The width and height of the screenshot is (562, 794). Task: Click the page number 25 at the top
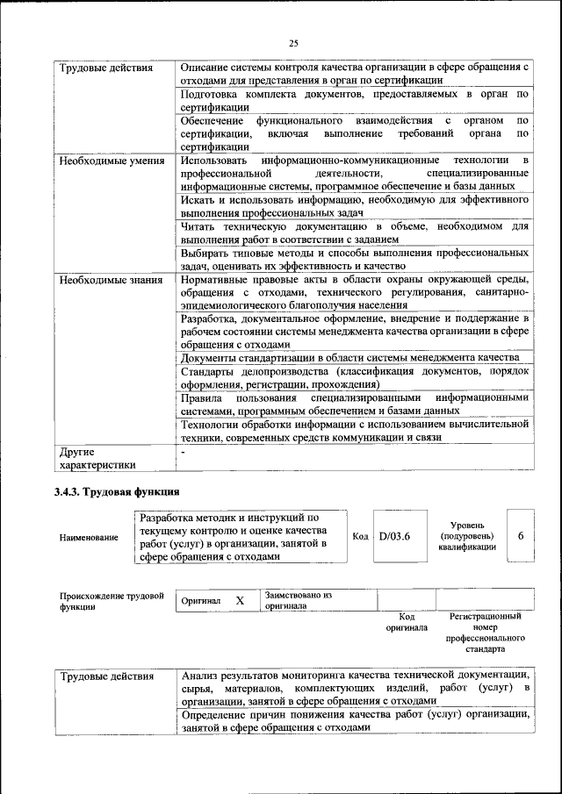[293, 43]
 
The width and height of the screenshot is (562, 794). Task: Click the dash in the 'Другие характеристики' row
[183, 453]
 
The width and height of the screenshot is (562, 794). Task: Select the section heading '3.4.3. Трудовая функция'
[117, 491]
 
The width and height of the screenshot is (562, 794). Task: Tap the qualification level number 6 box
[521, 536]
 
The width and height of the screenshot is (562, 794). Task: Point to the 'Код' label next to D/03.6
[360, 536]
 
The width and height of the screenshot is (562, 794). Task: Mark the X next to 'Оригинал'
[239, 601]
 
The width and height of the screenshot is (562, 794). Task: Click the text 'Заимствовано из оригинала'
[298, 600]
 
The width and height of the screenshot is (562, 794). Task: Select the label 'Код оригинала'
[406, 622]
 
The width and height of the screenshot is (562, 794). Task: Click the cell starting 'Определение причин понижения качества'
[355, 721]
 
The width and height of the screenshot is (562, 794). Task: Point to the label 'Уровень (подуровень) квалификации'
[466, 535]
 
